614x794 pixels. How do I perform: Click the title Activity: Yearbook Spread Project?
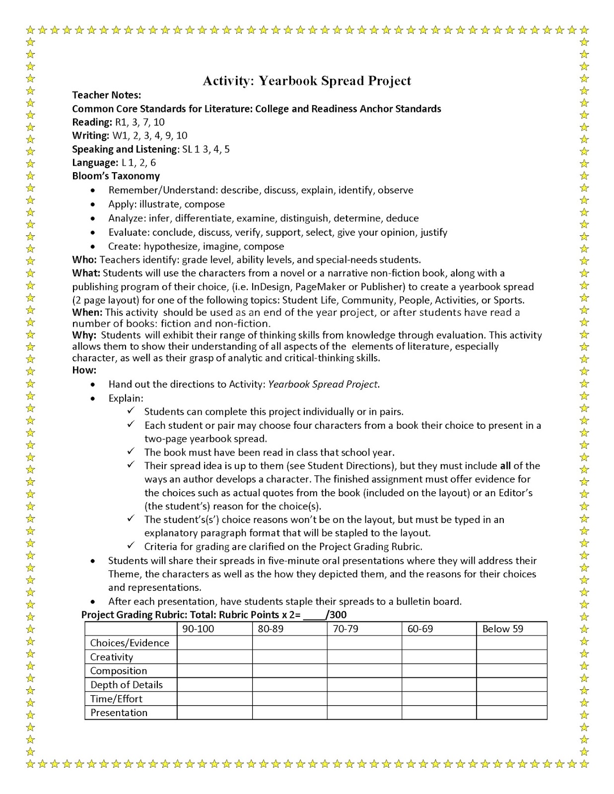tap(307, 80)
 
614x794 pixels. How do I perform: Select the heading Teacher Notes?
tap(107, 95)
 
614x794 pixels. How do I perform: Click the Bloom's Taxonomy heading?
tap(116, 176)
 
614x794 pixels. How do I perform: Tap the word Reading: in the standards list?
tap(92, 122)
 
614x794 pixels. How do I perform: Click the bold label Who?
tap(84, 260)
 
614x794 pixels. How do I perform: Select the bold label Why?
tap(84, 335)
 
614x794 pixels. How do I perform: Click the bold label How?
tap(84, 370)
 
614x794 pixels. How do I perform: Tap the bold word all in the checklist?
tap(505, 466)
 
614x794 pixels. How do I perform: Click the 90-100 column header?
tap(198, 629)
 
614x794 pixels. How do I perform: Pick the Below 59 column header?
tap(502, 629)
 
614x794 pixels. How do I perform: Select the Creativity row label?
tap(112, 657)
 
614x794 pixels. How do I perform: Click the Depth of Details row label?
tap(126, 685)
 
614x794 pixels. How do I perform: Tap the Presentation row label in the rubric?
tap(119, 713)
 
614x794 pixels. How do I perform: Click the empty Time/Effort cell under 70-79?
tap(364, 699)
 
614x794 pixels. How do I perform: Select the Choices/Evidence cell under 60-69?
tap(439, 643)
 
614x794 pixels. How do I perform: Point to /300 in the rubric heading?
tap(336, 615)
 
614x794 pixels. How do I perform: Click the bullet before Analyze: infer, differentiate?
tap(93, 219)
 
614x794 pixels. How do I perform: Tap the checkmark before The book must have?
tap(131, 451)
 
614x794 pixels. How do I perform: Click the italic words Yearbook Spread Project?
tap(323, 385)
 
